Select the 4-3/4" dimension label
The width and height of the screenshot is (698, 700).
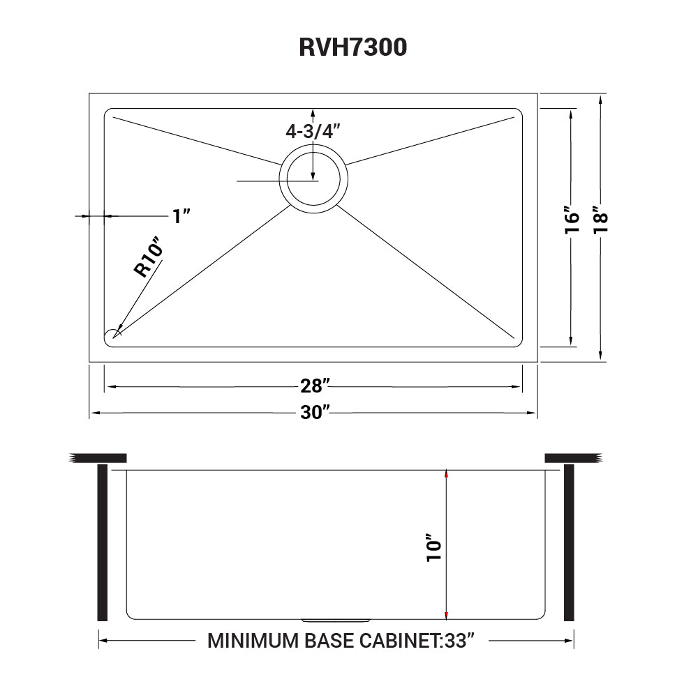pos(313,130)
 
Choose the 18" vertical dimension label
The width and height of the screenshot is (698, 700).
pos(600,220)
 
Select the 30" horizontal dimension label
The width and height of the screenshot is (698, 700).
pos(315,413)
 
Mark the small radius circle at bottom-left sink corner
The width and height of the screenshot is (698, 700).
pos(113,335)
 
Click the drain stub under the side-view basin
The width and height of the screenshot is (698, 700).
pos(336,619)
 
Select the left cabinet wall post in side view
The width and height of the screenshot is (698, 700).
pos(103,542)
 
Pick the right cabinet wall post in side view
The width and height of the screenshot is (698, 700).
pos(568,542)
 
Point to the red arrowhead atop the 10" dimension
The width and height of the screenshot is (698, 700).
pos(446,474)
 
